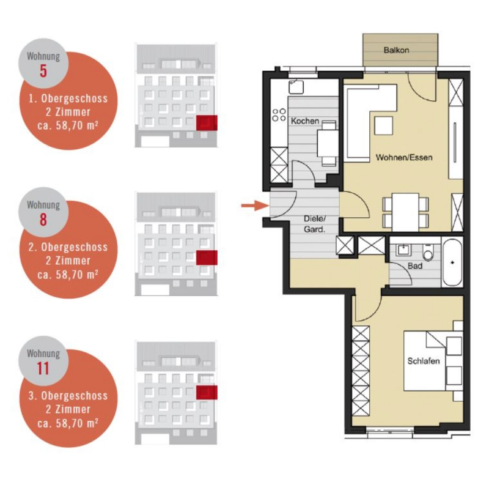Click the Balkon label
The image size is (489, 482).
396,50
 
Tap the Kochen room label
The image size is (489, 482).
304,121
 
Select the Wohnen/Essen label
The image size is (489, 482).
404,157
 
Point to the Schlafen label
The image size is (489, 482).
423,361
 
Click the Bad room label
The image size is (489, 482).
415,266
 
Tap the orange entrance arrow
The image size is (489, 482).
255,206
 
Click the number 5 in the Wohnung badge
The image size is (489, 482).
43,70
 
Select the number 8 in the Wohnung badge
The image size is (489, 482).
43,220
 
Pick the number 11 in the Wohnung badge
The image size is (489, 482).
43,368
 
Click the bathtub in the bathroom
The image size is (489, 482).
452,262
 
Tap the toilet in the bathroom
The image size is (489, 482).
428,253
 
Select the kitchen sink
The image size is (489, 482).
296,87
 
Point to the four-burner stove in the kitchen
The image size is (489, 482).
279,114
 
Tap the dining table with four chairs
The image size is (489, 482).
405,212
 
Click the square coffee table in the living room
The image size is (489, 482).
384,125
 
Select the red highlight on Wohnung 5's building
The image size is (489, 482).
207,122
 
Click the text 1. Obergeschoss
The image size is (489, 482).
68,98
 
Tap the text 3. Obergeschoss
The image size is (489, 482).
68,396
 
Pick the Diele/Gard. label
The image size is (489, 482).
314,224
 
